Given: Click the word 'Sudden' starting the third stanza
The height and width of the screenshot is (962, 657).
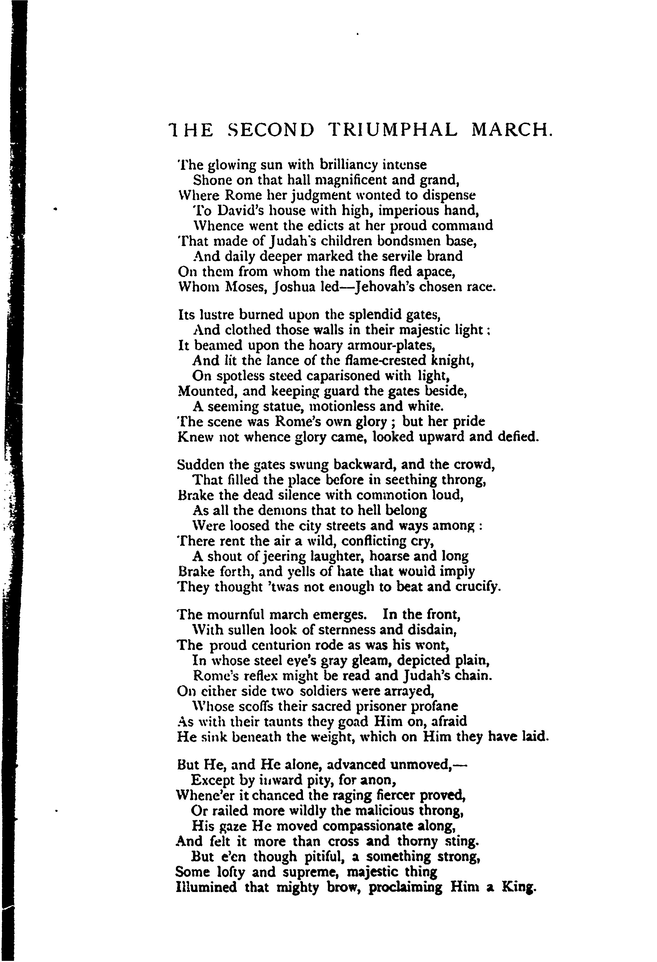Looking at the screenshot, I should click(x=201, y=465).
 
